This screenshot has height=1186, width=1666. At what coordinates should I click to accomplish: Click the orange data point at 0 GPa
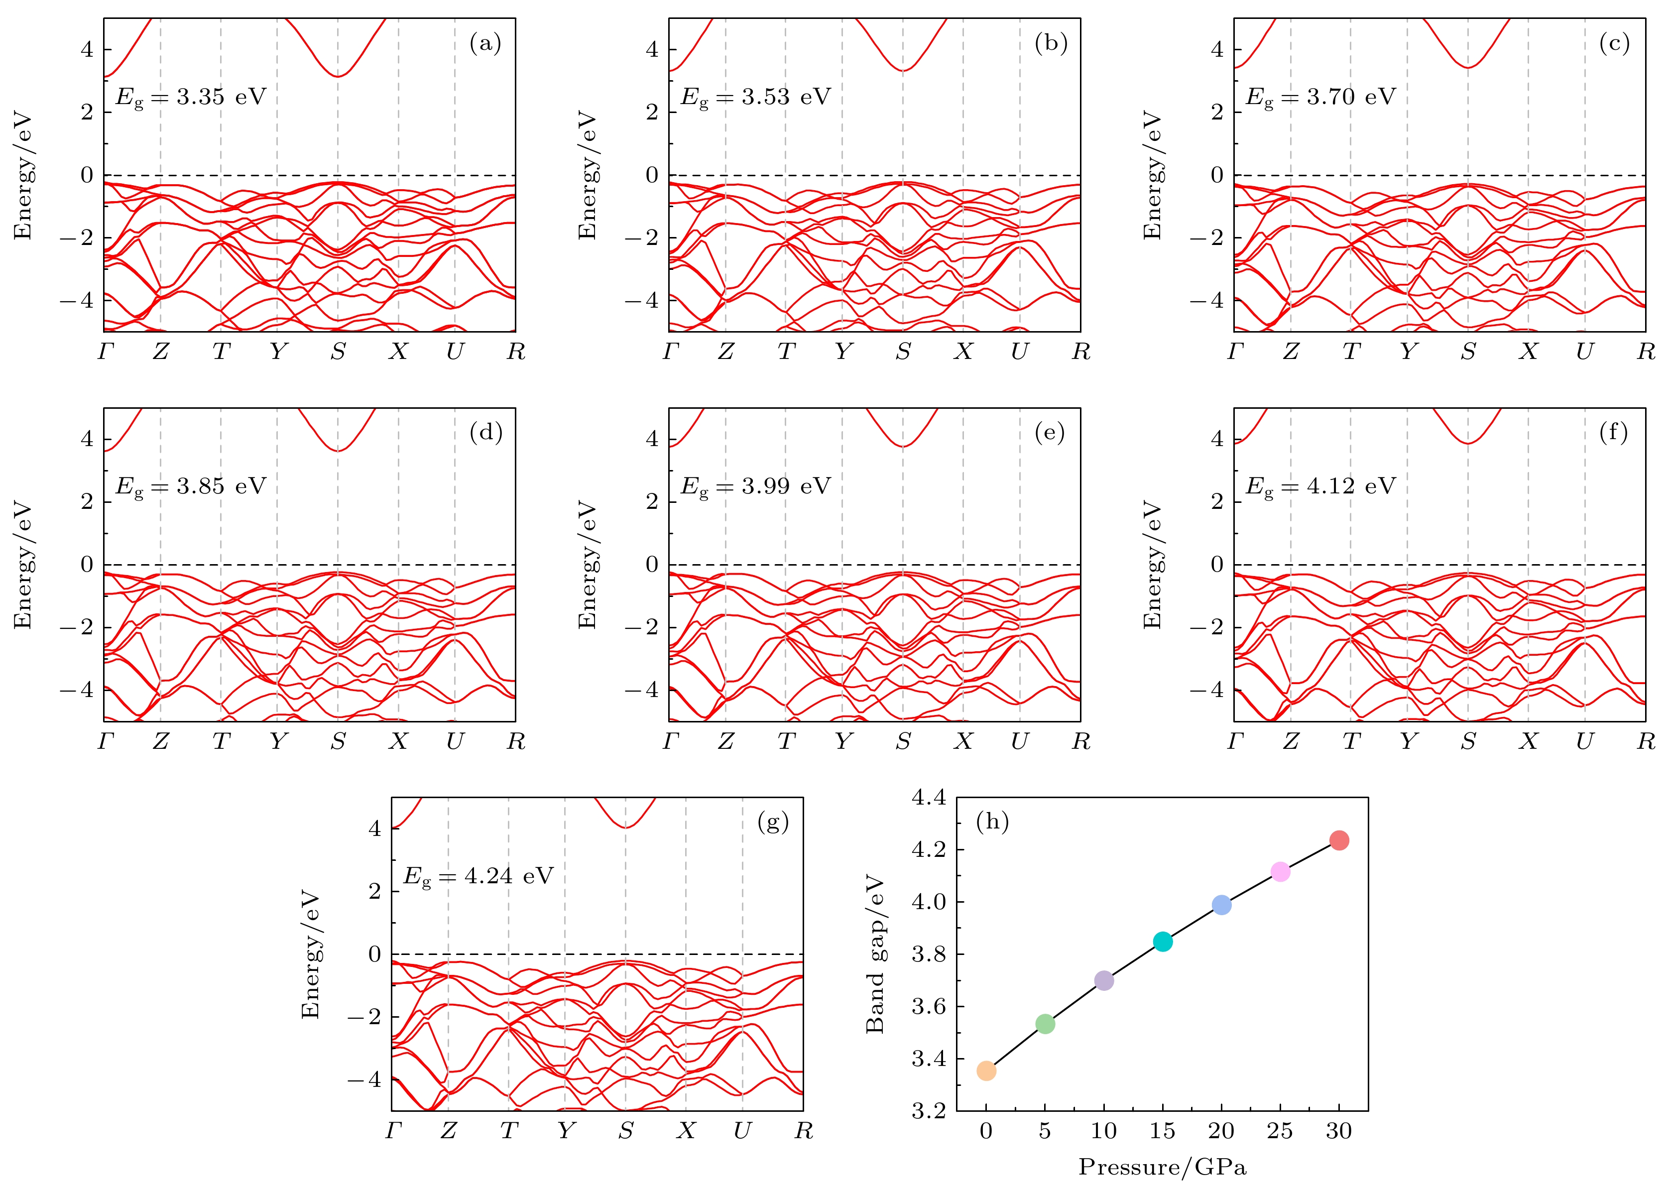[986, 1070]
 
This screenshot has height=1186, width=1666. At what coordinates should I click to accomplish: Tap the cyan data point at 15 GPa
[1163, 942]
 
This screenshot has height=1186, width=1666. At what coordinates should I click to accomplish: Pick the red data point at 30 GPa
[1339, 840]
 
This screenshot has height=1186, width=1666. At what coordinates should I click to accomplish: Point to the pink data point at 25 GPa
[1280, 872]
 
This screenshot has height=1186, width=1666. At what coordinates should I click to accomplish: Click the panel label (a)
[485, 44]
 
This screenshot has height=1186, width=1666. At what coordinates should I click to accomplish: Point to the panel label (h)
[992, 823]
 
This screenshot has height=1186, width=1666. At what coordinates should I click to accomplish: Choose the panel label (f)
[1613, 433]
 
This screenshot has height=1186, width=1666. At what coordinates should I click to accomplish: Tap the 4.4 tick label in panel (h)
[928, 798]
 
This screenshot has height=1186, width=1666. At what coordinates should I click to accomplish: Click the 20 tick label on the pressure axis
[1221, 1131]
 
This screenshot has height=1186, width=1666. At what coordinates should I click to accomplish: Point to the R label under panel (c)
[1646, 352]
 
